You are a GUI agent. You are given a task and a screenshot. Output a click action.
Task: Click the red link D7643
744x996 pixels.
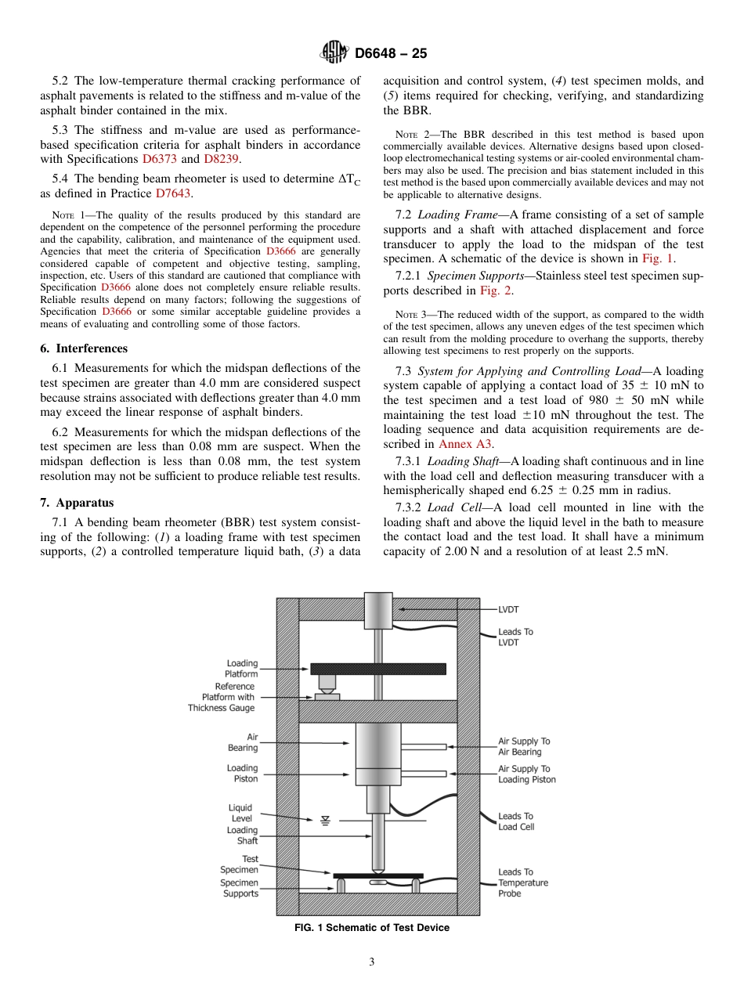click(173, 193)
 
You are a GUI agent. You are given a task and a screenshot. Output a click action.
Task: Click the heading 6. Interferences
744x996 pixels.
click(84, 348)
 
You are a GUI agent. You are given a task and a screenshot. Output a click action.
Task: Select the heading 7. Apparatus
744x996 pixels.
click(77, 503)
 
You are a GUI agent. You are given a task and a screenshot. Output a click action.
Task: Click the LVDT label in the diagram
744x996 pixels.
click(508, 608)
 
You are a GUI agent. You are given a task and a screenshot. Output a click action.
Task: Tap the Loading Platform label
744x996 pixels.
click(241, 669)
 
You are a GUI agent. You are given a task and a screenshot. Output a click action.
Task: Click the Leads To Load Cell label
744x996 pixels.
click(516, 821)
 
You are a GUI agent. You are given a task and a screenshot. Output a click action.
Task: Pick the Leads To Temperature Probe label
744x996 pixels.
click(522, 882)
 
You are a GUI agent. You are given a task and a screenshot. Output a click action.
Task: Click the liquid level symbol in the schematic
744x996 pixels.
click(325, 820)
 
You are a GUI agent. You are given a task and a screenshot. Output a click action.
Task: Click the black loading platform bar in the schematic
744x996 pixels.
click(378, 669)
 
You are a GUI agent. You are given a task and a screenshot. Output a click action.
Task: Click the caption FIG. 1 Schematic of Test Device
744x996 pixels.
click(371, 928)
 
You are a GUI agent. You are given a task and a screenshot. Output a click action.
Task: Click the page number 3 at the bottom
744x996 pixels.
click(371, 962)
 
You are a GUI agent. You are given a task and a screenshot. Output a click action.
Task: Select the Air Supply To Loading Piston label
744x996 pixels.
click(527, 774)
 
